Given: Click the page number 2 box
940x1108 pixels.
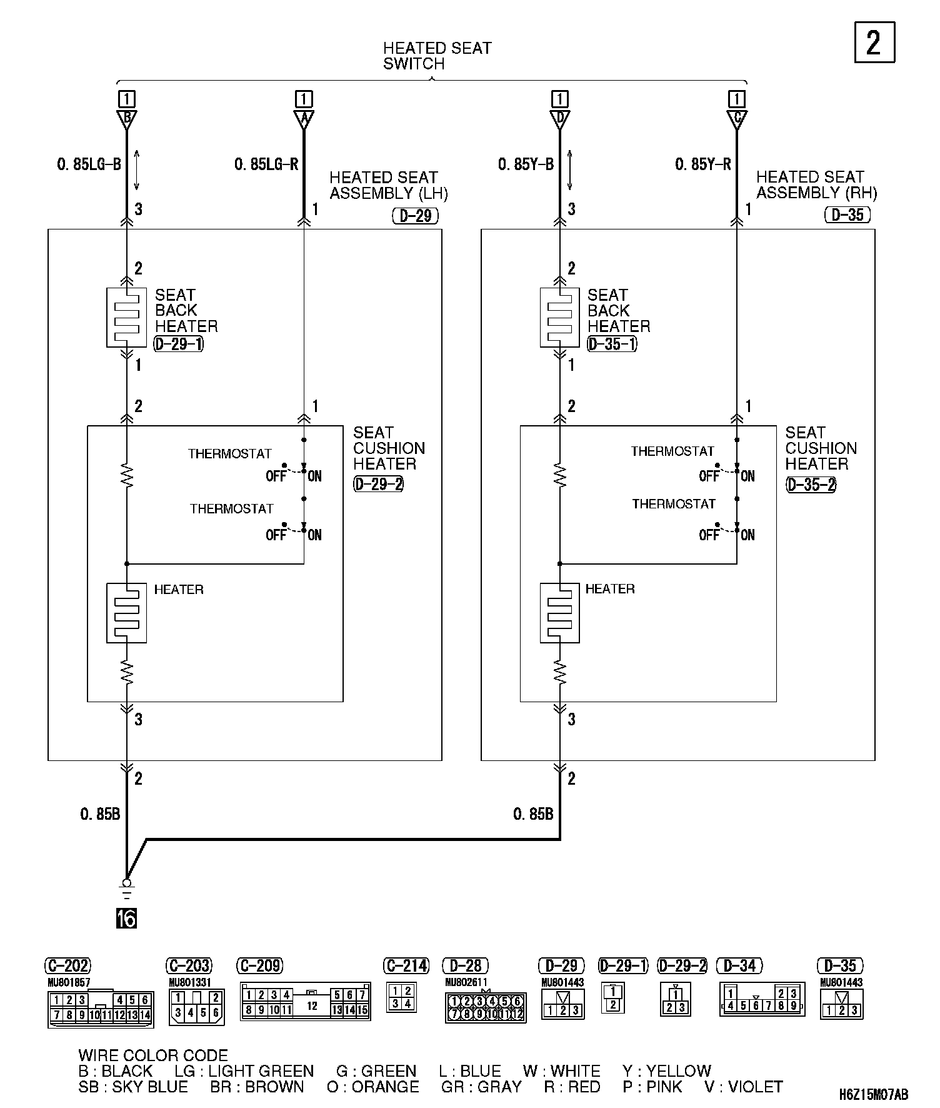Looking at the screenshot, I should [x=874, y=43].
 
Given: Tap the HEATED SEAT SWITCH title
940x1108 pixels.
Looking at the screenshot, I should [x=437, y=56].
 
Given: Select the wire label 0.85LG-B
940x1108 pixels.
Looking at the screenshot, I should [x=88, y=164].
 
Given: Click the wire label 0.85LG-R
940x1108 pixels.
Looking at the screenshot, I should [x=266, y=164].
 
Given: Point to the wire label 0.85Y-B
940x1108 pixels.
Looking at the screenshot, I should [x=526, y=164].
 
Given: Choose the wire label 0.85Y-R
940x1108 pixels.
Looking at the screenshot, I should [x=702, y=164].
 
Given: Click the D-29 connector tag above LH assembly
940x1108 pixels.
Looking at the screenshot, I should [x=416, y=216].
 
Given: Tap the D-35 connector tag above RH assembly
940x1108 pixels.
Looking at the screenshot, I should [x=847, y=215].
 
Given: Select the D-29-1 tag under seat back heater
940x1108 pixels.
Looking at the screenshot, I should [x=178, y=343].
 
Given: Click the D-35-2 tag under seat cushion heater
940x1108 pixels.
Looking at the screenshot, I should [x=811, y=485].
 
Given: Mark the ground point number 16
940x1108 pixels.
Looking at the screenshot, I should [x=126, y=919].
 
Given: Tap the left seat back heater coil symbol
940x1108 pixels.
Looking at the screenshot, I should [x=127, y=318].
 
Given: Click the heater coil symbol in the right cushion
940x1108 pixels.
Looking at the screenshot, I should [x=560, y=613].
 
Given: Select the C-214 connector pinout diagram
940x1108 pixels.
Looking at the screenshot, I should [x=401, y=997].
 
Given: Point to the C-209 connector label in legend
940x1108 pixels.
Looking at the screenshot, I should [x=260, y=966].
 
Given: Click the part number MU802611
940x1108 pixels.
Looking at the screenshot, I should [x=466, y=982].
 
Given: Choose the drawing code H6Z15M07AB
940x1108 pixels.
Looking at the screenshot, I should [x=873, y=1094].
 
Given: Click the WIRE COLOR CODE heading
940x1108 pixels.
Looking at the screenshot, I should [x=153, y=1056].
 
